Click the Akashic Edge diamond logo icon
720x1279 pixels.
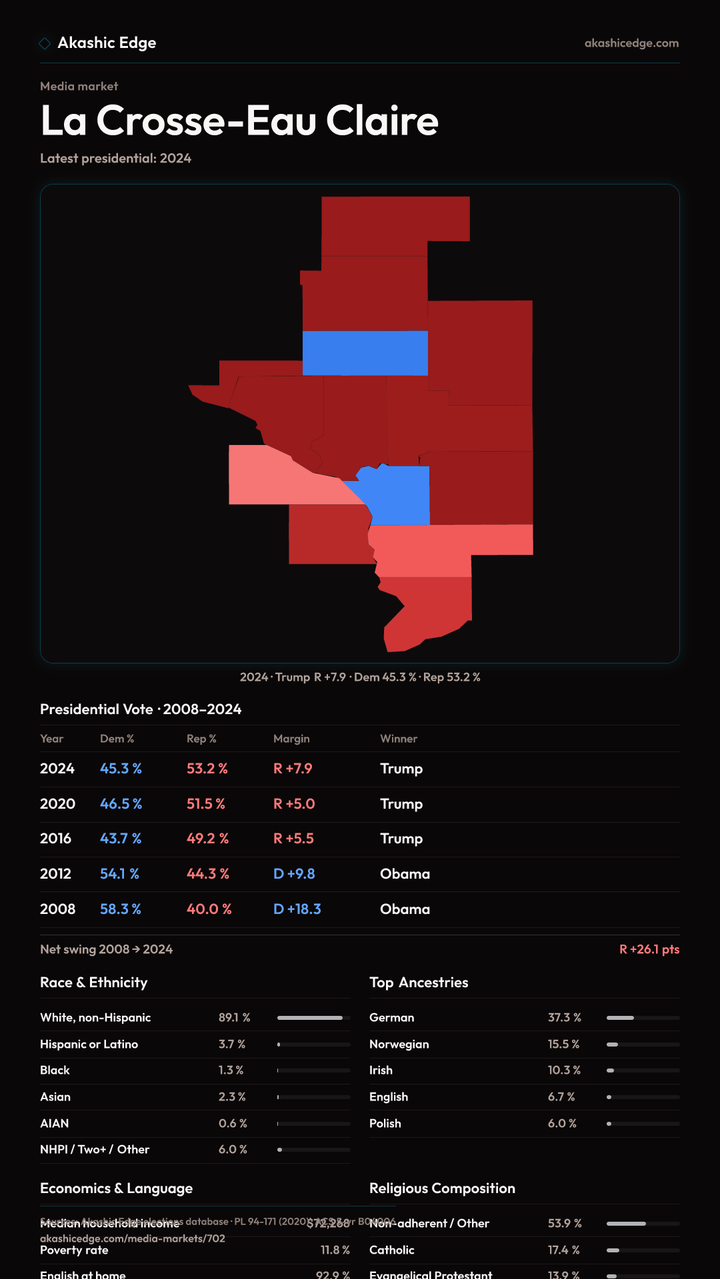coord(45,43)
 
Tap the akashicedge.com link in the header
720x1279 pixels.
coord(631,43)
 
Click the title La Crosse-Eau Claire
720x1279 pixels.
coord(239,121)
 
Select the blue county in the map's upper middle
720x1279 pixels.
coord(365,353)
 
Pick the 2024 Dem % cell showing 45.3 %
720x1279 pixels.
coord(121,769)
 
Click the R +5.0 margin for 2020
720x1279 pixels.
coord(294,804)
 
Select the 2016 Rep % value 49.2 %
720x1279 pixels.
coord(207,839)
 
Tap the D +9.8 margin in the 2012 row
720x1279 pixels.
coord(294,874)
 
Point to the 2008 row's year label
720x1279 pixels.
coord(57,909)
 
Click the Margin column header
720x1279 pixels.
coord(291,739)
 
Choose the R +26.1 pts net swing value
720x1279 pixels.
coord(649,949)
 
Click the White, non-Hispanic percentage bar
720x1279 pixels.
coord(313,1018)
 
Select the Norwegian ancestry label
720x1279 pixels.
coord(399,1045)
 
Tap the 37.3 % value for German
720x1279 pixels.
coord(564,1018)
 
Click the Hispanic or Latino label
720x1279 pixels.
coord(89,1045)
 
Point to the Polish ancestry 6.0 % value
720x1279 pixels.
coord(562,1124)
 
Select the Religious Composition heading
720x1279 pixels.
coord(442,1188)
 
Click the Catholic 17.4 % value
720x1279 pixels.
coord(563,1250)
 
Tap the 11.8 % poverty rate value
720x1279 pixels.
coord(335,1250)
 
